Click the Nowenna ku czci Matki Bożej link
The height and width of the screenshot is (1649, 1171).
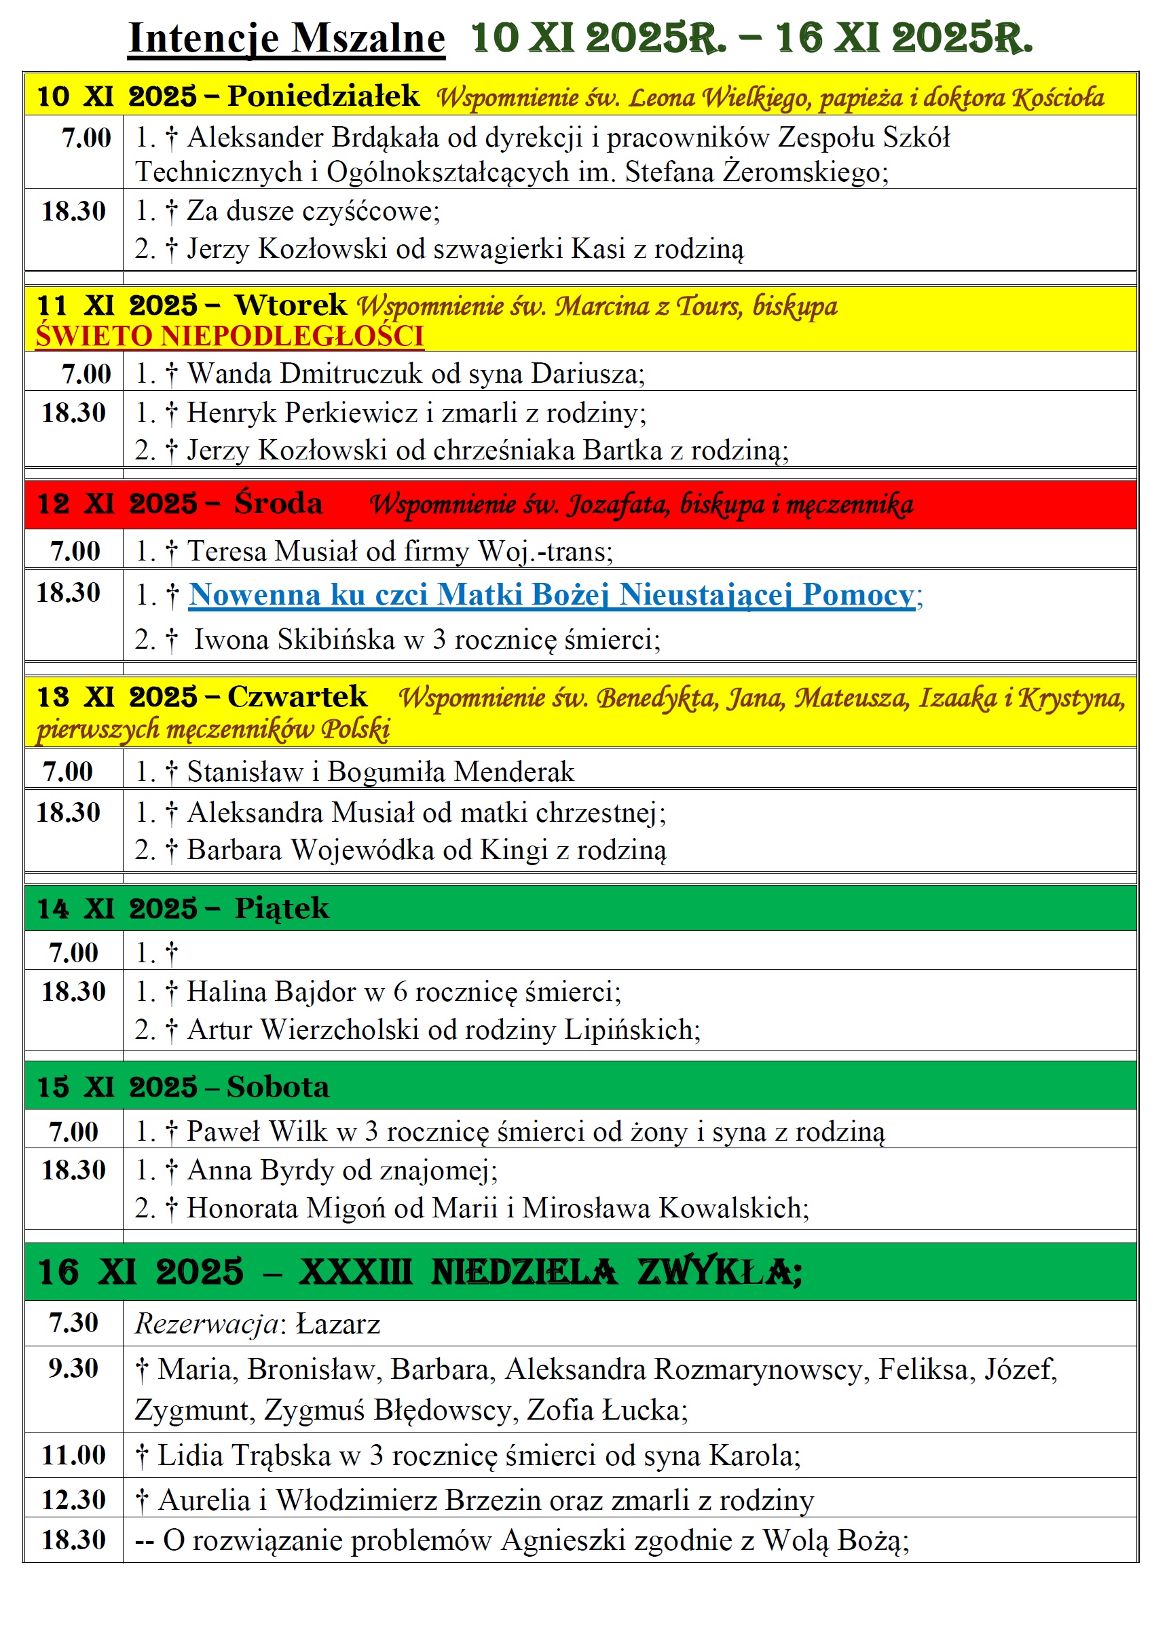click(x=552, y=595)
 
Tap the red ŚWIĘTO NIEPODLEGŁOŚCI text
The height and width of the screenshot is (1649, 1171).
click(x=229, y=337)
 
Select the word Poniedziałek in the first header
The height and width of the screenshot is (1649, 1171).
click(x=323, y=96)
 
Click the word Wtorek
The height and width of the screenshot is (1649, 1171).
click(x=291, y=305)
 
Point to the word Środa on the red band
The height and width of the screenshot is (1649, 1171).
click(x=278, y=503)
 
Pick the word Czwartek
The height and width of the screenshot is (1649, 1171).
click(x=297, y=697)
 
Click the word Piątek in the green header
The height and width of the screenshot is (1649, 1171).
click(x=282, y=909)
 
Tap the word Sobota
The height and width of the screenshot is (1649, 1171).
click(x=278, y=1088)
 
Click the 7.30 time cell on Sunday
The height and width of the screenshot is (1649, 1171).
click(x=73, y=1323)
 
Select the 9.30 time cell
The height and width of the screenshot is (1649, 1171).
click(x=73, y=1369)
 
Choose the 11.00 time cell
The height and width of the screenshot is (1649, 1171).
click(x=73, y=1455)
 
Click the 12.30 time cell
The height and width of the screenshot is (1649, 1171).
click(x=73, y=1500)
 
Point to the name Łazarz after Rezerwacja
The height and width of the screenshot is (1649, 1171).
click(x=338, y=1325)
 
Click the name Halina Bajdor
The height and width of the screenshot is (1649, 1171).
click(x=271, y=992)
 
